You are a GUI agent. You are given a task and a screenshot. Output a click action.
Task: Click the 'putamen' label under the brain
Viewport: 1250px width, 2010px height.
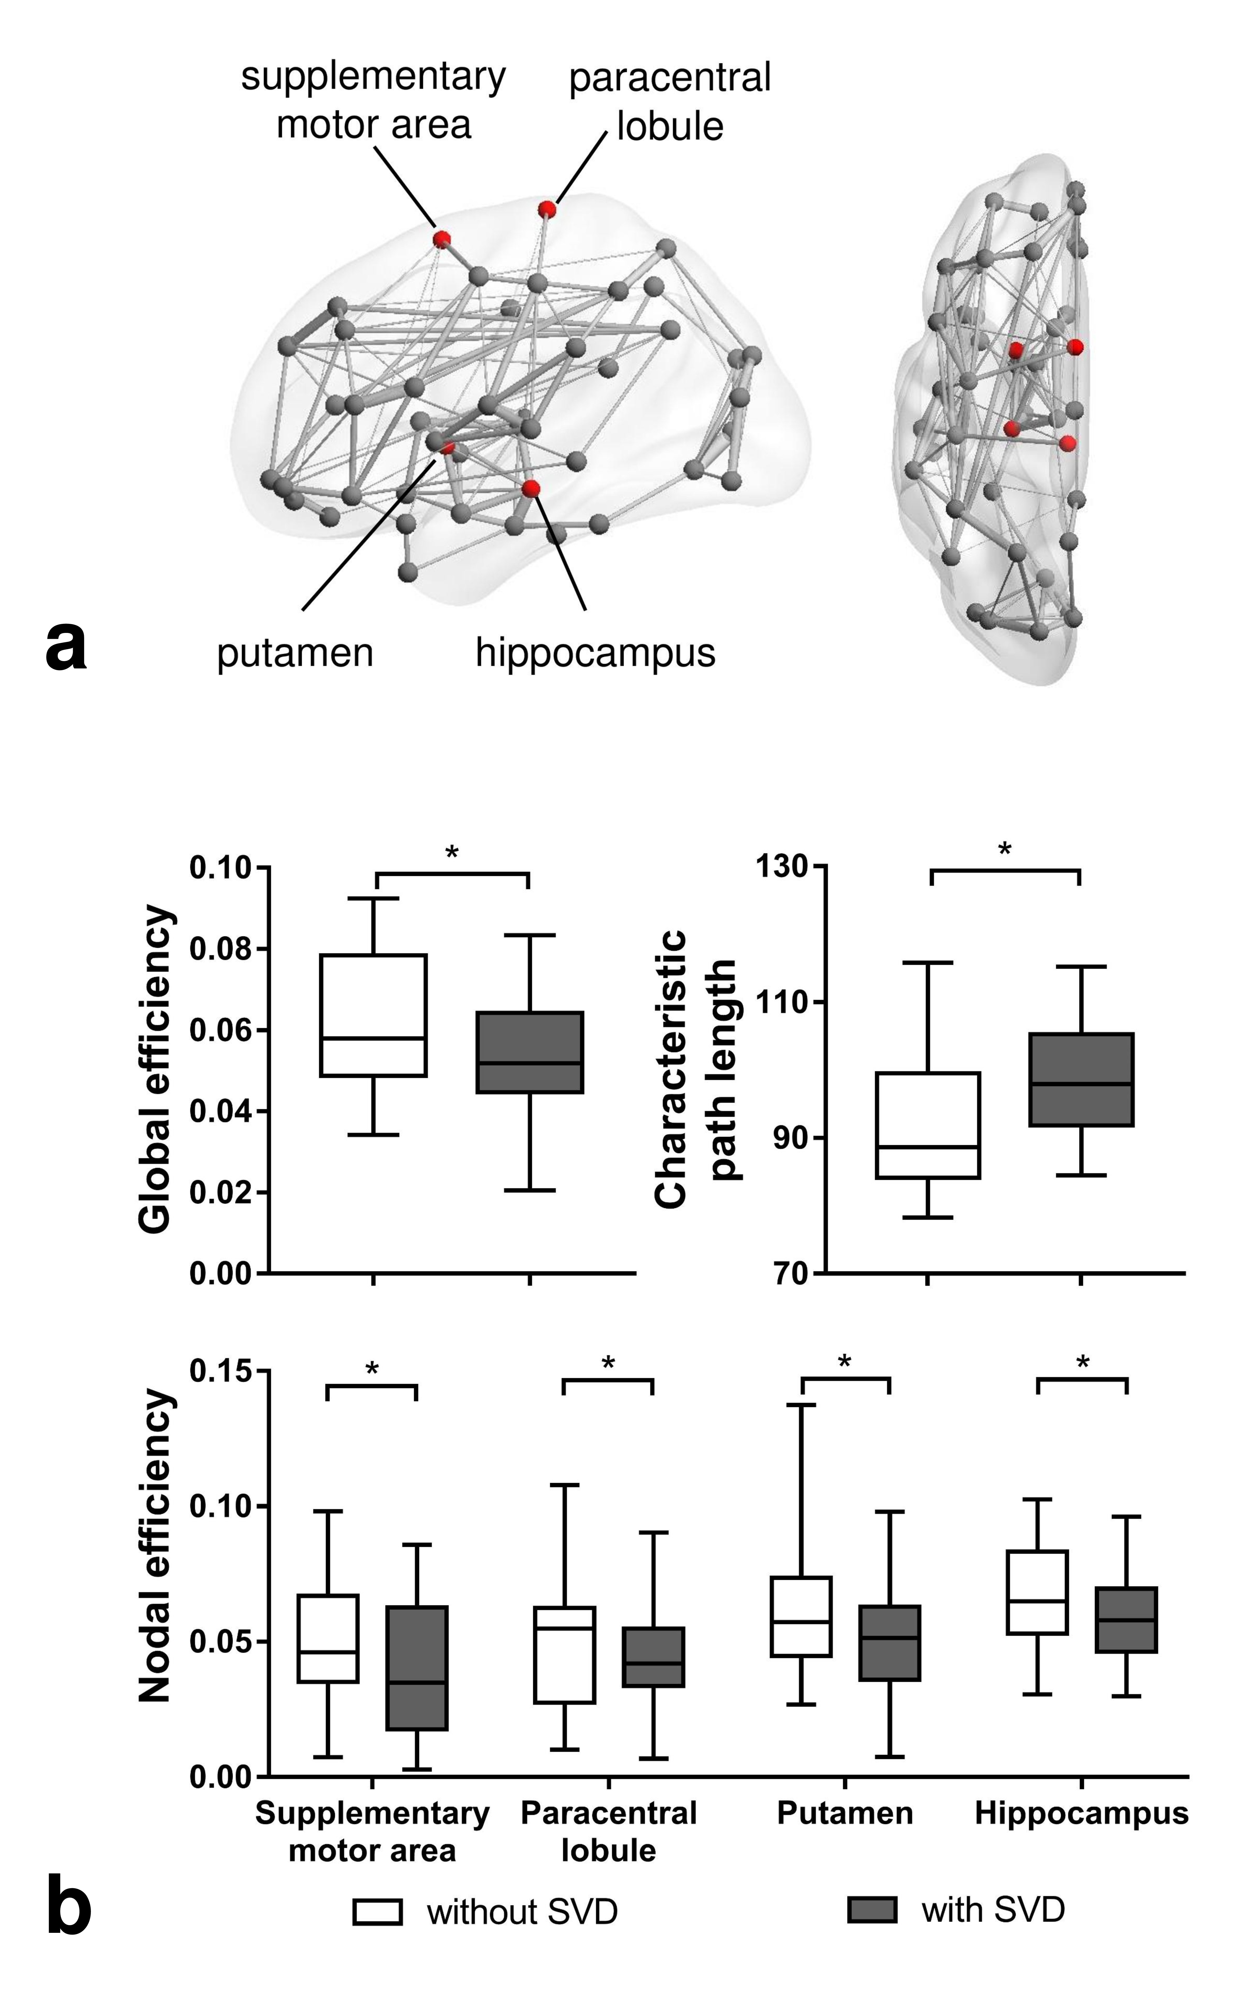tap(295, 653)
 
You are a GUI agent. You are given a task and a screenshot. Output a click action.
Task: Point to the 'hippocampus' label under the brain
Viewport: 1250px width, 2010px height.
tap(595, 653)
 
